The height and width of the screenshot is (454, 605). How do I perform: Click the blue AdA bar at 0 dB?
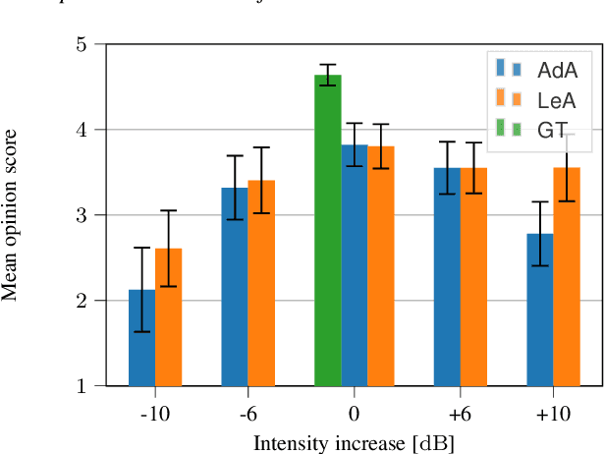(x=354, y=264)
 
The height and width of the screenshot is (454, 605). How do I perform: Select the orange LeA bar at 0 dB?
(x=380, y=265)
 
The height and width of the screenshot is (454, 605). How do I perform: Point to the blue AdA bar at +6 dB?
(x=447, y=276)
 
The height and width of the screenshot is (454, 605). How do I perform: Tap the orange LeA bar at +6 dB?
(x=473, y=276)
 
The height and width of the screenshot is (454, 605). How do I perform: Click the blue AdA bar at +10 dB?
(x=539, y=309)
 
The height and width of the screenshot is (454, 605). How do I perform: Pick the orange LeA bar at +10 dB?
(x=566, y=276)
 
